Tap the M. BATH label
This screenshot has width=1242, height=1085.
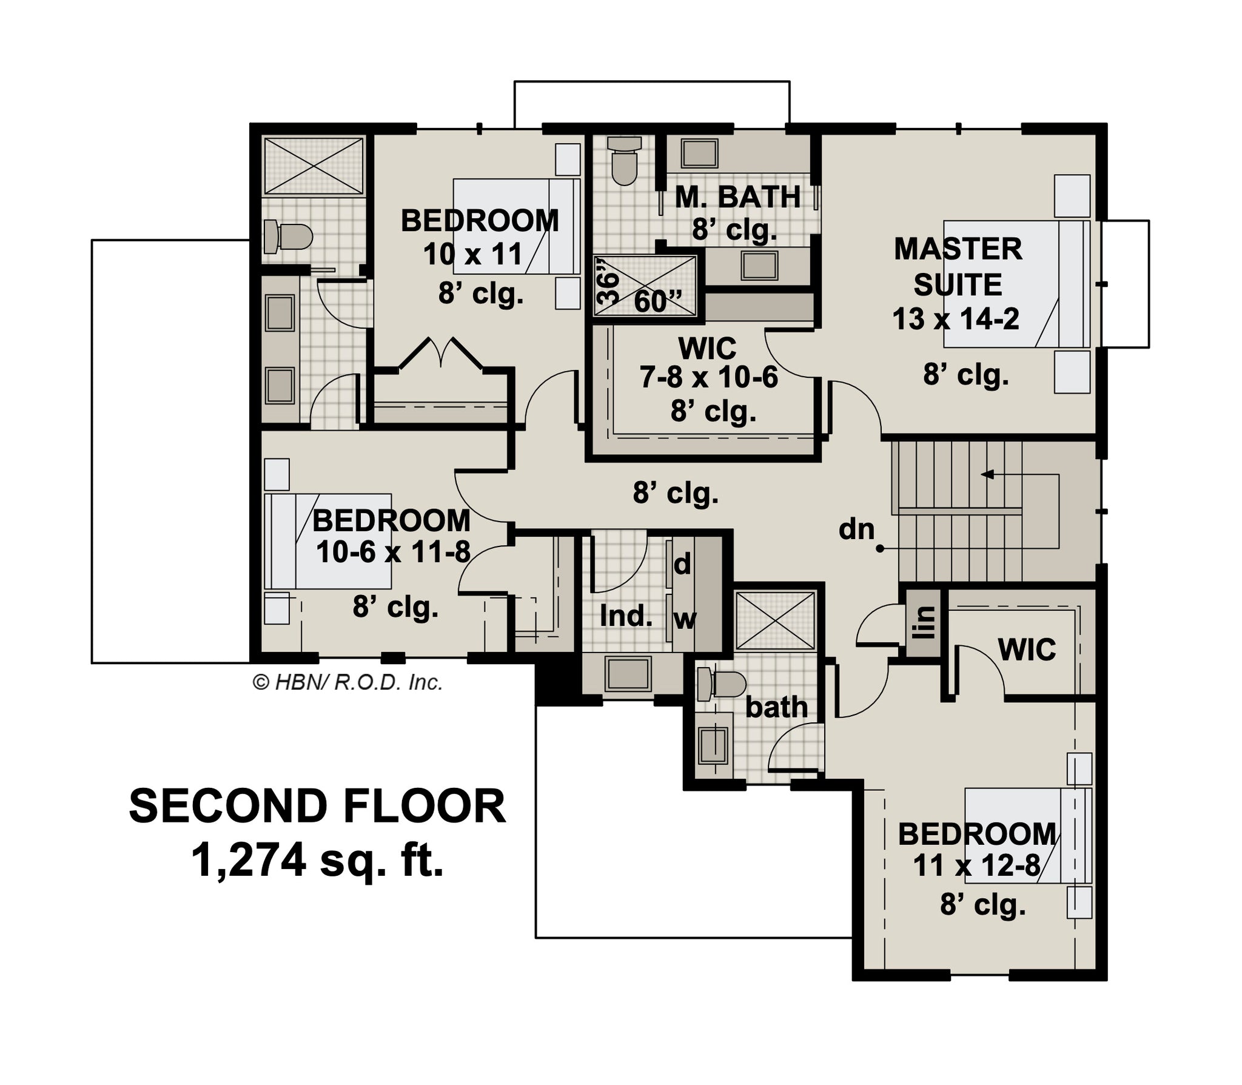[738, 197]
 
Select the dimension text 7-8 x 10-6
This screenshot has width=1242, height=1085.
[709, 378]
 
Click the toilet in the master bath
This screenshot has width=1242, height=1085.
[624, 161]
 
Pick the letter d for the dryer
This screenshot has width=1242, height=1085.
[682, 565]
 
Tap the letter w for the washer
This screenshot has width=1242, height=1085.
[685, 620]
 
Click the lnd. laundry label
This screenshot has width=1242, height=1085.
[626, 616]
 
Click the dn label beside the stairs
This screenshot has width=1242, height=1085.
[856, 530]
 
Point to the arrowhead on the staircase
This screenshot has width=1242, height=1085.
[987, 474]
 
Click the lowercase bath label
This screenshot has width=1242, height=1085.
[776, 708]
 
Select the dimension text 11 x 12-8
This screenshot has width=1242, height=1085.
[977, 865]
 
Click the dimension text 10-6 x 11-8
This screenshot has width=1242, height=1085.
[393, 553]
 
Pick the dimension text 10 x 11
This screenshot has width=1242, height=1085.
[473, 254]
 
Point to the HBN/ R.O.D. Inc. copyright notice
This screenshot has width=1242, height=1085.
[347, 683]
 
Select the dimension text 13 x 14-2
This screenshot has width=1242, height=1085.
[956, 319]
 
